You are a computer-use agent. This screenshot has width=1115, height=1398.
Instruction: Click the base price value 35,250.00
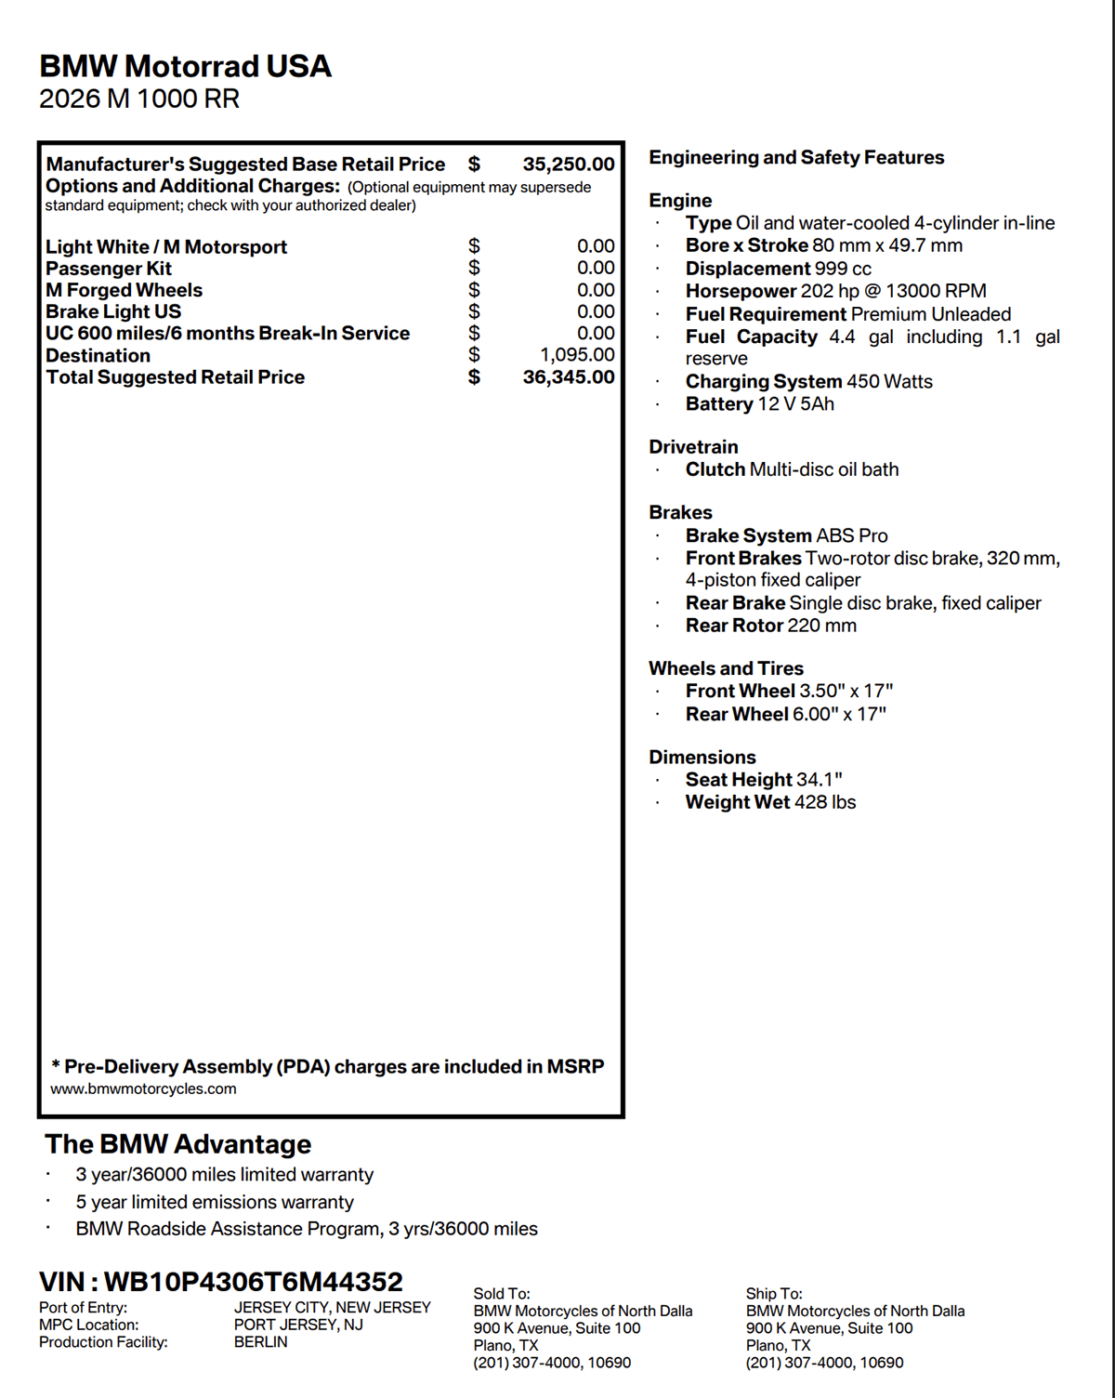(x=568, y=165)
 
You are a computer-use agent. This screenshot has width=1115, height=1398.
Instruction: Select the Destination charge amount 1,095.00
(x=577, y=355)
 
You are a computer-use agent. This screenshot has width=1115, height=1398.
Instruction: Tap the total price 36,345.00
(x=568, y=377)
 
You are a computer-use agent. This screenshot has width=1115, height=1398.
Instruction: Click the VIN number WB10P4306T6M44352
(x=253, y=1282)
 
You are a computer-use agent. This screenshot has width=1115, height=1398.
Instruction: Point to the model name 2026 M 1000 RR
(x=139, y=99)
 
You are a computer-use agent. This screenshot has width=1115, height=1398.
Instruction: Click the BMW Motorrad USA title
(x=185, y=66)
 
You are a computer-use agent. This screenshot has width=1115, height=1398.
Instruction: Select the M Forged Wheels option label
(x=124, y=290)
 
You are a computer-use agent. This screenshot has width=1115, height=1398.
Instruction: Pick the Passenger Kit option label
(x=109, y=269)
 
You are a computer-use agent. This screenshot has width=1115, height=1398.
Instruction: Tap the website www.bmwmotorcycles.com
(x=143, y=1088)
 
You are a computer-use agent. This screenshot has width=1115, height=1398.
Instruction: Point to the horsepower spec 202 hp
(x=835, y=291)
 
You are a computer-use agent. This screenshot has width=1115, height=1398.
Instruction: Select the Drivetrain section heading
(x=693, y=447)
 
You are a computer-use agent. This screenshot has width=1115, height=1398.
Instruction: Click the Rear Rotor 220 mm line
(x=770, y=626)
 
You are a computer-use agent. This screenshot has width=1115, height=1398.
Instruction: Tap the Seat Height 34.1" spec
(x=763, y=780)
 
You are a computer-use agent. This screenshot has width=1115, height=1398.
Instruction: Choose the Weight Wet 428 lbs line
(x=770, y=802)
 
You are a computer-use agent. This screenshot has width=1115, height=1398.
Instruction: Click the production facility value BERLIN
(x=261, y=1342)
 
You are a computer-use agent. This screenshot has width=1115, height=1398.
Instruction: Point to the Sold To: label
(x=502, y=1293)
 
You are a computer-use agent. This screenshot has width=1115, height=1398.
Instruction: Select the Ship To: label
(x=774, y=1293)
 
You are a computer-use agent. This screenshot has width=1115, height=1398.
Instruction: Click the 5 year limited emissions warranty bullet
(x=215, y=1202)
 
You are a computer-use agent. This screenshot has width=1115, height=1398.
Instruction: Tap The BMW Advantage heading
(x=177, y=1144)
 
